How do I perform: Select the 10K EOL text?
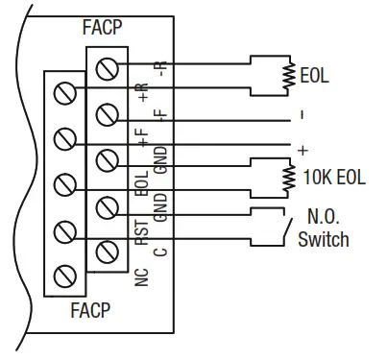pyautogui.click(x=333, y=176)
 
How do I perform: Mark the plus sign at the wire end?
pyautogui.click(x=303, y=150)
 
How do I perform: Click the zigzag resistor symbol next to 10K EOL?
pyautogui.click(x=286, y=175)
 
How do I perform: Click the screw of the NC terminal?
pyautogui.click(x=65, y=276)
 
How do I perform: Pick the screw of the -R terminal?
pyautogui.click(x=109, y=69)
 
